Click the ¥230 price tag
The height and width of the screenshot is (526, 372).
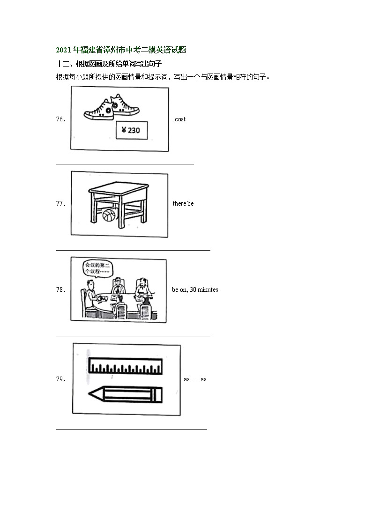[x=132, y=130]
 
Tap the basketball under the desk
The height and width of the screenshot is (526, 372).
[x=109, y=215]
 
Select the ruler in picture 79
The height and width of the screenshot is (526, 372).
[x=125, y=366]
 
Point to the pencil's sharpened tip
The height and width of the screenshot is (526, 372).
[x=92, y=395]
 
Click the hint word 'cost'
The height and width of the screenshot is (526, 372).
[x=180, y=119]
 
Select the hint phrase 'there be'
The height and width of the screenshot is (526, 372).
[x=183, y=204]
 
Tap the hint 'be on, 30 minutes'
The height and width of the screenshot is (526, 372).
[x=195, y=290]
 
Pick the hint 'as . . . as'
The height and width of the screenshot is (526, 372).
[x=195, y=379]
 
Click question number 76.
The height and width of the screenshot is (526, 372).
[x=60, y=119]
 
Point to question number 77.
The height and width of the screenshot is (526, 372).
[x=60, y=204]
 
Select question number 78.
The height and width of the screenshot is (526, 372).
[x=60, y=290]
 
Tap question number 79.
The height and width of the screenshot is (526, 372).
[x=60, y=379]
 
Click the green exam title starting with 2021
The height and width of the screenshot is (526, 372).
[x=121, y=50]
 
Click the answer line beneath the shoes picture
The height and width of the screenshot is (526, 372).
[x=125, y=164]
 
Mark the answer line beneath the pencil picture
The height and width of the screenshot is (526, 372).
[x=131, y=429]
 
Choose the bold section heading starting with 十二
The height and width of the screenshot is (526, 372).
[x=109, y=64]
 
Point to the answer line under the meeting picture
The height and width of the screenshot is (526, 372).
[x=133, y=335]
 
